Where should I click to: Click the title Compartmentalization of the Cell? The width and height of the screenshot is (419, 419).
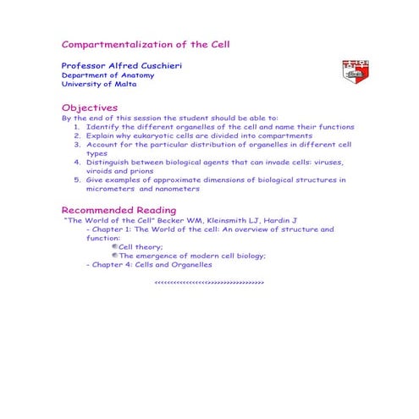coord(146,43)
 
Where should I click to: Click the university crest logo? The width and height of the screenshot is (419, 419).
coord(355,72)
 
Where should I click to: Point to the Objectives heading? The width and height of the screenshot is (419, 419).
coord(90,108)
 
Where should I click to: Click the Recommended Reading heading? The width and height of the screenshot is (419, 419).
coord(119,210)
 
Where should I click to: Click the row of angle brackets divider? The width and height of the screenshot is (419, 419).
coord(210,281)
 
